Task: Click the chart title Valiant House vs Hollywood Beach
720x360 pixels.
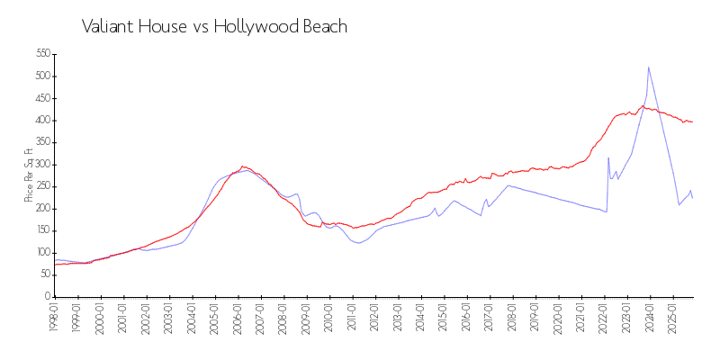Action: tap(214, 27)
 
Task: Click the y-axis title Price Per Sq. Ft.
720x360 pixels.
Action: tap(29, 175)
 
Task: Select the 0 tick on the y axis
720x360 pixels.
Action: tap(45, 297)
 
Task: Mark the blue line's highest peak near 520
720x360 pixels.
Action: tap(648, 67)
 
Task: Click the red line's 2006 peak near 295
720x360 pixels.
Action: tap(242, 166)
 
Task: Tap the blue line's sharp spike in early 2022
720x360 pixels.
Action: tap(608, 158)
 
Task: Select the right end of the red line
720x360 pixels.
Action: tap(692, 121)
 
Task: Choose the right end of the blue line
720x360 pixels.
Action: tap(692, 197)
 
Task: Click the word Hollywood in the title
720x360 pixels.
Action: tap(260, 27)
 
